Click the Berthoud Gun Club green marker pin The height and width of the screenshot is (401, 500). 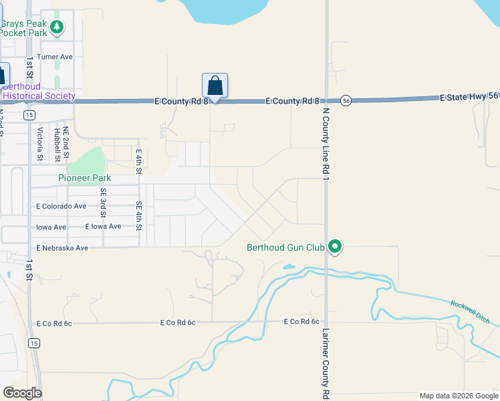coord(336,247)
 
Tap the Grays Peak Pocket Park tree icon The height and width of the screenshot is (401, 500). coord(57,27)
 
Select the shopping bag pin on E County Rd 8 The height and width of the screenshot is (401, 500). coord(215,86)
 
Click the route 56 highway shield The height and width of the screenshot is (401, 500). coord(345,100)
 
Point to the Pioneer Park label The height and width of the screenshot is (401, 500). coord(84,178)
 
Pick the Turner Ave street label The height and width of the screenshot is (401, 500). coord(55,57)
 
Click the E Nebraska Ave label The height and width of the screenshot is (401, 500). coord(63,248)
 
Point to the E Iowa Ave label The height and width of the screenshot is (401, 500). coord(103,227)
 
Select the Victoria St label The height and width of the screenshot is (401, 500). coord(40,144)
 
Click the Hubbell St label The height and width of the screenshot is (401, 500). coord(58,144)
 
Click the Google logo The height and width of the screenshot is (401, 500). coord(22,392)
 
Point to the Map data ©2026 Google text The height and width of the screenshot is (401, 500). coord(459,396)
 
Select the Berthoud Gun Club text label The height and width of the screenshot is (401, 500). coord(285,247)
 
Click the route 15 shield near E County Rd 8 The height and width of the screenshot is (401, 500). coord(29,115)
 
